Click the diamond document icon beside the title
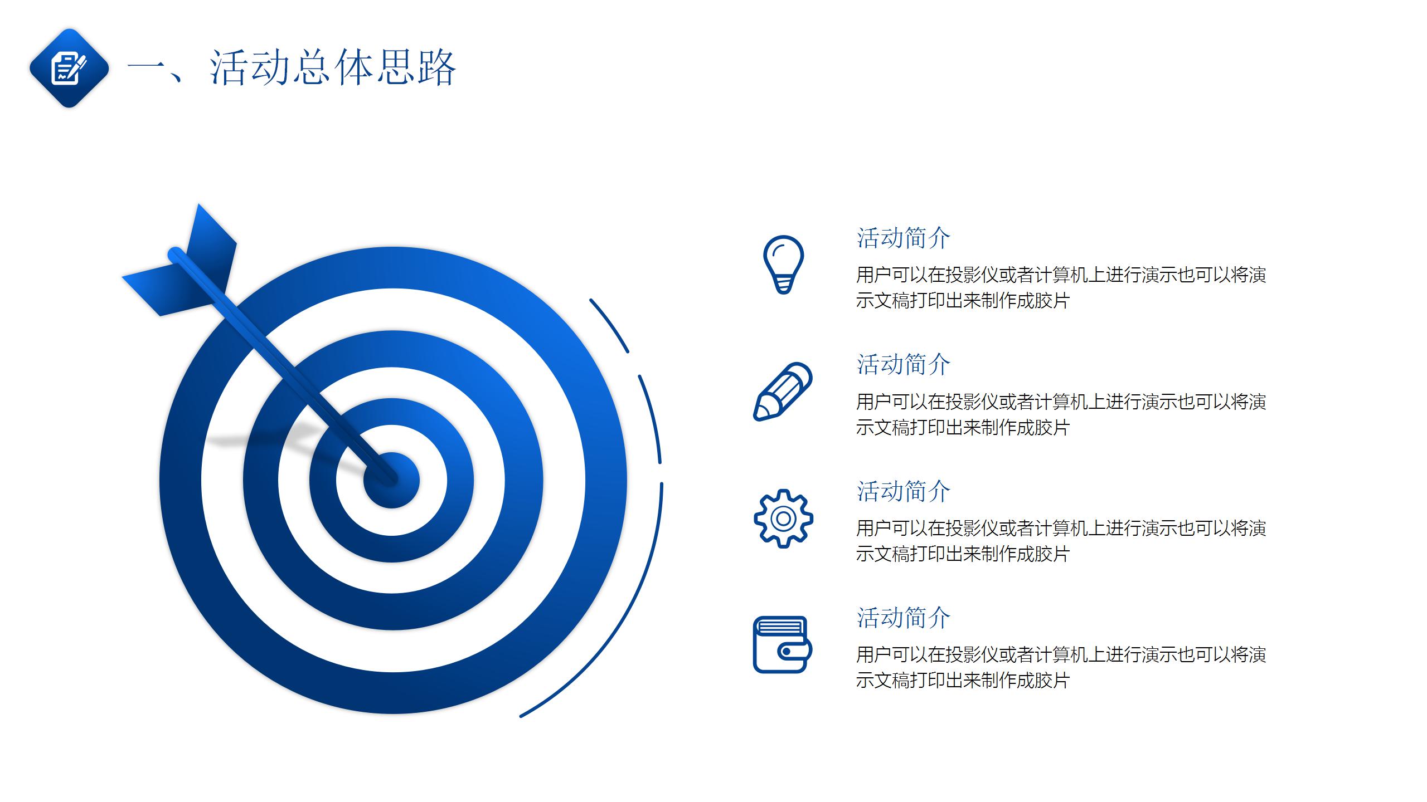[69, 68]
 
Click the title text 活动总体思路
[333, 68]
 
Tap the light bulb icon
[783, 264]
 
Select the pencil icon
[783, 391]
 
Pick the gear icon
[783, 519]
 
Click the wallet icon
[782, 644]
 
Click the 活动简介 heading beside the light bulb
[903, 238]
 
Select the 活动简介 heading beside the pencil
[903, 364]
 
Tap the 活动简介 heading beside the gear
[903, 491]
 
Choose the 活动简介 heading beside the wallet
[903, 618]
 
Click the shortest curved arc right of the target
[610, 325]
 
